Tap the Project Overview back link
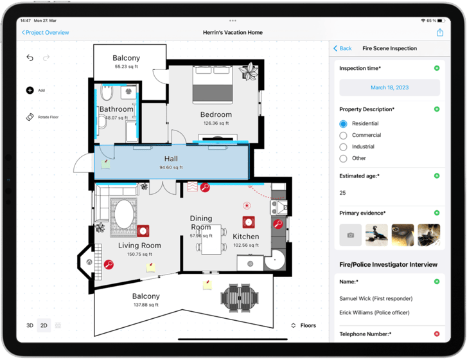(x=46, y=32)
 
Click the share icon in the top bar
(x=440, y=32)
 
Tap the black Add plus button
(x=30, y=91)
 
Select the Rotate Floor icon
(x=30, y=117)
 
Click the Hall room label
(x=171, y=159)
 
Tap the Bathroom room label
(x=116, y=109)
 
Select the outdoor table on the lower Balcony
(x=240, y=297)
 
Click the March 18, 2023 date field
(x=389, y=87)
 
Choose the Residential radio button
(x=344, y=123)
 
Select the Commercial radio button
(x=344, y=136)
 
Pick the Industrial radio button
(x=344, y=147)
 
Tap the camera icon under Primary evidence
(x=350, y=235)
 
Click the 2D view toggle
(x=44, y=325)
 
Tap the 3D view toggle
(x=30, y=325)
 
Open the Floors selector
(x=303, y=325)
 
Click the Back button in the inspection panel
(x=342, y=48)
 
